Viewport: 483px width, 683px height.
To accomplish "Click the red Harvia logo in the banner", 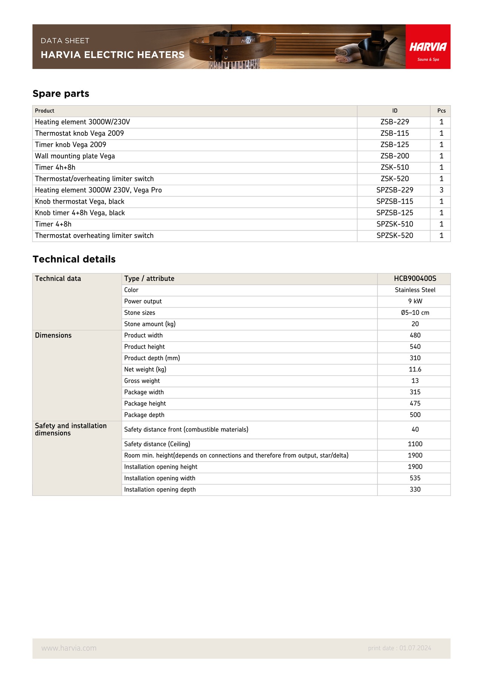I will pos(428,47).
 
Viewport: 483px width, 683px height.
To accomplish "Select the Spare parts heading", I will pos(61,94).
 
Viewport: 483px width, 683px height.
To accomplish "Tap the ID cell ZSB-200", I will pos(395,156).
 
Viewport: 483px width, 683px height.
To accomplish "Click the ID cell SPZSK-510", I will pos(395,224).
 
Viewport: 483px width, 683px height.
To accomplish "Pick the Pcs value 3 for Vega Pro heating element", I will pos(441,190).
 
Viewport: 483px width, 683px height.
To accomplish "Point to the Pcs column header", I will pos(441,111).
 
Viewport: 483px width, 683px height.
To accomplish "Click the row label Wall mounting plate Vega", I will pos(75,156).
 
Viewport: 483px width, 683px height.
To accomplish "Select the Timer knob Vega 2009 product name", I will pos(71,145).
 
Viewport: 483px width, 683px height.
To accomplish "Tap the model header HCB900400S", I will pos(415,279).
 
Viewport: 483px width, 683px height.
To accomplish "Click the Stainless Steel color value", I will pos(415,290).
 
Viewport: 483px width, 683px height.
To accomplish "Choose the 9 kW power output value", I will pos(415,301).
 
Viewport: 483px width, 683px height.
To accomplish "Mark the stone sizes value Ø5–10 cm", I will pos(415,313).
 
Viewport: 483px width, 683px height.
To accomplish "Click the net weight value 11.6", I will pos(415,370).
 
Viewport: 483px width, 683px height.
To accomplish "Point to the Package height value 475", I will pos(415,404).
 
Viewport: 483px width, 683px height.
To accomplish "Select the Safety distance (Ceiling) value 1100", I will pos(415,444).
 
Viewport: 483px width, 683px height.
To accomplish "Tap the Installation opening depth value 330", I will pos(415,490).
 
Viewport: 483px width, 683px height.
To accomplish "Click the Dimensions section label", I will pos(53,335).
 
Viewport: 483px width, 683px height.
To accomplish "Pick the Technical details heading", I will pos(74,259).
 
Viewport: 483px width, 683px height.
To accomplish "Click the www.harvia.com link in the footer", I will pos(69,648).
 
